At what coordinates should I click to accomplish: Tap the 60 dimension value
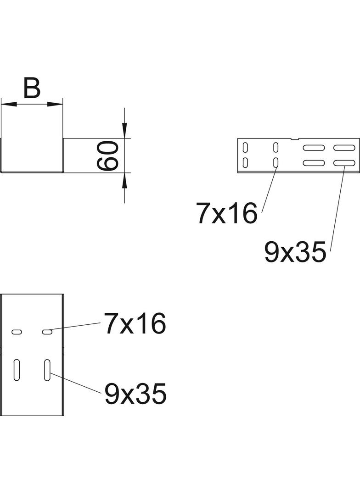coord(109,156)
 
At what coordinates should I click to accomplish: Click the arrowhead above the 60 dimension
coord(124,131)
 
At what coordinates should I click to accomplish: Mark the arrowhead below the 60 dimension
coord(124,180)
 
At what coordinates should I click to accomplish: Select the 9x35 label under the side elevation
coord(295,252)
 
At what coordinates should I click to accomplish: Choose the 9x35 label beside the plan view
coord(135,394)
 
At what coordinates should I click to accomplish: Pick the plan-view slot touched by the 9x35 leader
coord(47,370)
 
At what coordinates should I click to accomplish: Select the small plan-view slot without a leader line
coord(17,331)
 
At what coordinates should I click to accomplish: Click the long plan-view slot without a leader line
coord(17,370)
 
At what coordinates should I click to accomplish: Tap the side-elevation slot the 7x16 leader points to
coord(276,162)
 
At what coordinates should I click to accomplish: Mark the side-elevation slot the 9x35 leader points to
coord(344,163)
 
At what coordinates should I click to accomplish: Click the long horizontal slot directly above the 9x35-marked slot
coord(344,148)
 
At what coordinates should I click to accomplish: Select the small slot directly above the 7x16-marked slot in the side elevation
coord(276,147)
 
